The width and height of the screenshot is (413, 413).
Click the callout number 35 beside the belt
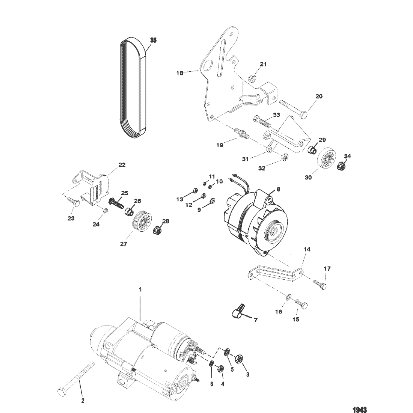(153, 40)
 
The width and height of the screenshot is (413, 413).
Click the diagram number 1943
(360, 410)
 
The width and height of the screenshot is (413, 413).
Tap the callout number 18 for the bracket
(179, 73)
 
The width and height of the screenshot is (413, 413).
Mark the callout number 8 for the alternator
(279, 189)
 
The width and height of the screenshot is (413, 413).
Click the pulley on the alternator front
(274, 232)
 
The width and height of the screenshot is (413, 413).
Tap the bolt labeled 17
(320, 284)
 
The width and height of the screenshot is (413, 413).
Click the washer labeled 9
(212, 202)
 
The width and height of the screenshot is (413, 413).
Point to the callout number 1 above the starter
(140, 289)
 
